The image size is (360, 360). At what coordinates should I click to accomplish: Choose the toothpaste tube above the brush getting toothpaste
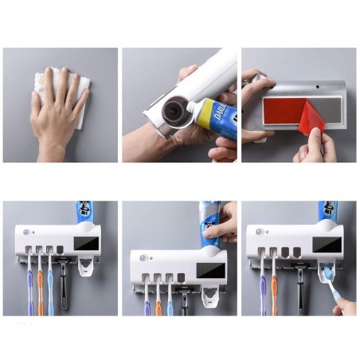[327, 213]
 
